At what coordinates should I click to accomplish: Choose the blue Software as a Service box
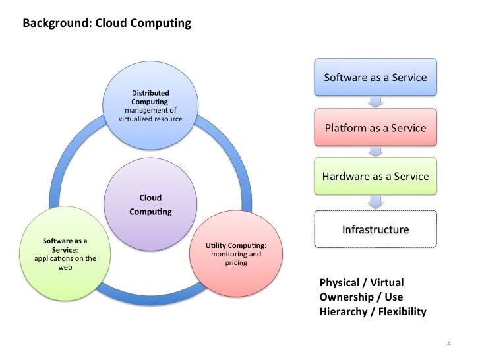point(375,78)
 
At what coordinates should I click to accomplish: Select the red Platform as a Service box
point(375,127)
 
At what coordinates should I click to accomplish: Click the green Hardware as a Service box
point(375,176)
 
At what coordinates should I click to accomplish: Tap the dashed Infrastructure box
point(375,229)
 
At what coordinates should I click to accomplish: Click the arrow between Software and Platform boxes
point(375,102)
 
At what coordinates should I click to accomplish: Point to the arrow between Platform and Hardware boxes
point(375,152)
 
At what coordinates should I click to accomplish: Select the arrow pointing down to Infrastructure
point(375,202)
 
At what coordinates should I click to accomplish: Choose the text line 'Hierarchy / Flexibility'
point(373,311)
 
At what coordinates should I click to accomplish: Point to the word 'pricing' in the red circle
point(235,262)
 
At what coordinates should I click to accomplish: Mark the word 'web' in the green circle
point(65,267)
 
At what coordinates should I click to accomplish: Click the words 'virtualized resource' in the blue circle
point(150,119)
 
